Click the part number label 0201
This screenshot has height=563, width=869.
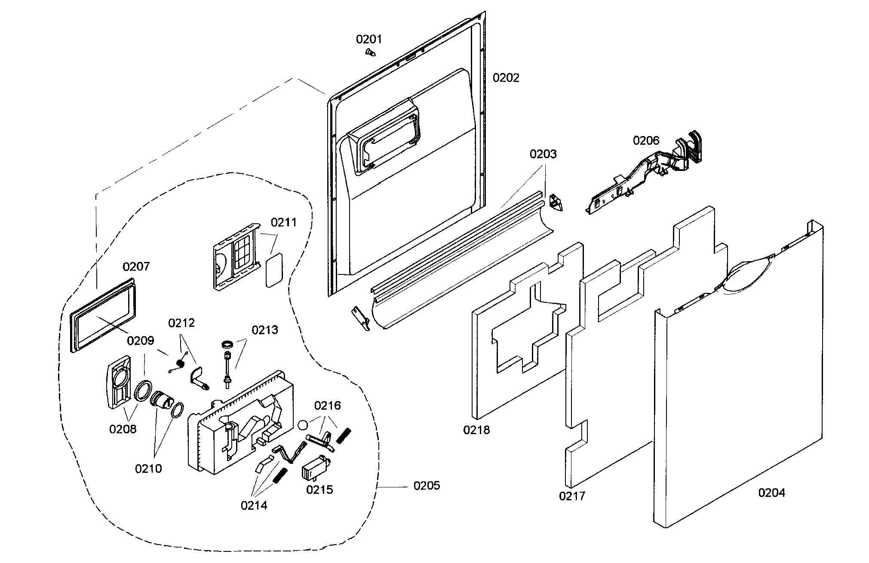(368, 40)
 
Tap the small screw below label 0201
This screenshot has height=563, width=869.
(370, 52)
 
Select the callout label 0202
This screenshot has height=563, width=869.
(506, 78)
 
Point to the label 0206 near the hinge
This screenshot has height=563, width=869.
(645, 140)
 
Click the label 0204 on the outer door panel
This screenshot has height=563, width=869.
(771, 493)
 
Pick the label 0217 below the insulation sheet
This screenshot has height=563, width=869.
(572, 496)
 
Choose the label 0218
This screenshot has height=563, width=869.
(476, 430)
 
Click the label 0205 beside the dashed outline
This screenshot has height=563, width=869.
(427, 486)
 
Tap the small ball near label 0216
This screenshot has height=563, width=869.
(303, 425)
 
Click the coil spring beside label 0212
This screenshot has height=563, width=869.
(181, 364)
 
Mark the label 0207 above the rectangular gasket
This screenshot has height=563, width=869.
(136, 267)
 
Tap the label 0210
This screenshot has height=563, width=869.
(148, 469)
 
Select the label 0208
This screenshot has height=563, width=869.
(123, 429)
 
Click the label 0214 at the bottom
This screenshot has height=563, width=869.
(254, 505)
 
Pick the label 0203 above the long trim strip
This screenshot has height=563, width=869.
(543, 154)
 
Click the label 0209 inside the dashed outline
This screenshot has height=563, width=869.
(140, 341)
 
